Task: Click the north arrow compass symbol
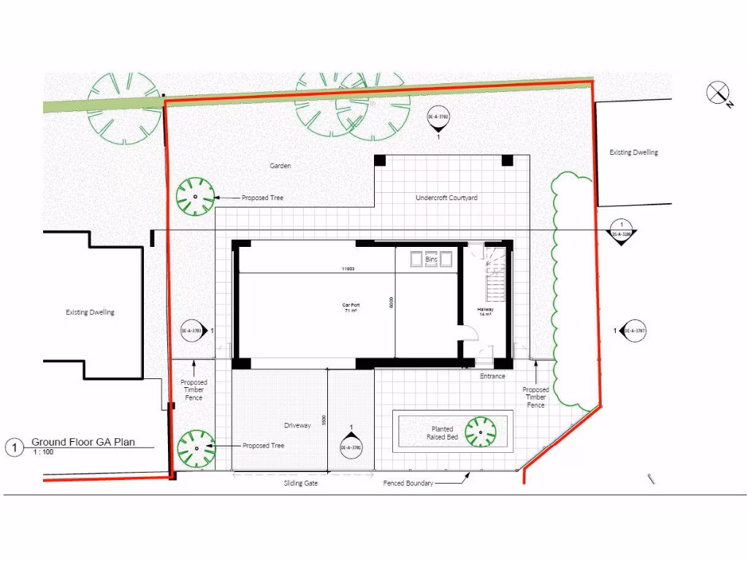pyautogui.click(x=718, y=93)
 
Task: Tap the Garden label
pyautogui.click(x=280, y=166)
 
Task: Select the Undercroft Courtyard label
pyautogui.click(x=446, y=198)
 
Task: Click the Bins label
pyautogui.click(x=431, y=259)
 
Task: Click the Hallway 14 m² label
pyautogui.click(x=485, y=311)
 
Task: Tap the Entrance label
pyautogui.click(x=492, y=376)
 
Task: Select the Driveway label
pyautogui.click(x=297, y=425)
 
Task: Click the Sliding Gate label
pyautogui.click(x=300, y=484)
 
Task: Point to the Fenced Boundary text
pyautogui.click(x=408, y=484)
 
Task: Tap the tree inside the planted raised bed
pyautogui.click(x=481, y=432)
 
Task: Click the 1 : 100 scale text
pyautogui.click(x=42, y=452)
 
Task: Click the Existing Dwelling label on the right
pyautogui.click(x=633, y=153)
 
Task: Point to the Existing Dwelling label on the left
pyautogui.click(x=90, y=313)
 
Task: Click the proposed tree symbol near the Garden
pyautogui.click(x=196, y=197)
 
